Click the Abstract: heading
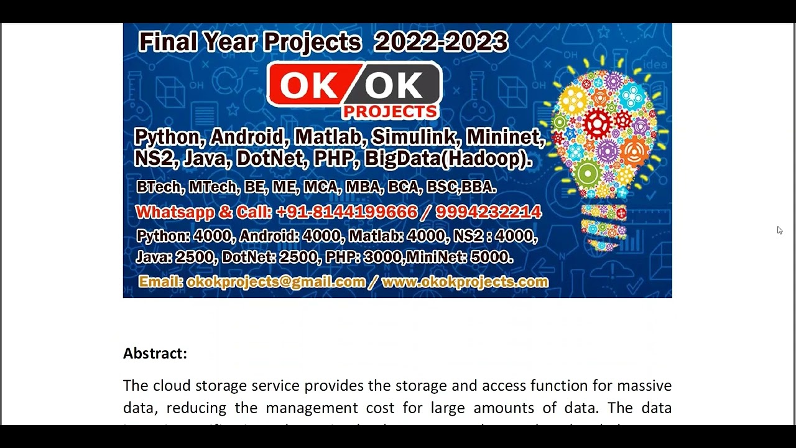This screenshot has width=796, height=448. pyautogui.click(x=155, y=353)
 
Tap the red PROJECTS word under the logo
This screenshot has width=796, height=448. pyautogui.click(x=390, y=111)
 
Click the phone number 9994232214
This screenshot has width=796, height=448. pyautogui.click(x=488, y=212)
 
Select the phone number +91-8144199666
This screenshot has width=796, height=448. pyautogui.click(x=346, y=212)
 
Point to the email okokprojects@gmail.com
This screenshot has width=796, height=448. pyautogui.click(x=275, y=282)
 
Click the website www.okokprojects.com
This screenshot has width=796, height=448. pyautogui.click(x=465, y=282)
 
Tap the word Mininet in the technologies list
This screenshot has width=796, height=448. pyautogui.click(x=504, y=137)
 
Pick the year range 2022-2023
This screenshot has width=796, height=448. pyautogui.click(x=440, y=42)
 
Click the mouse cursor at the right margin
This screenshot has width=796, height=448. pyautogui.click(x=779, y=230)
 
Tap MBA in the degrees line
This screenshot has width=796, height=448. pyautogui.click(x=363, y=187)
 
